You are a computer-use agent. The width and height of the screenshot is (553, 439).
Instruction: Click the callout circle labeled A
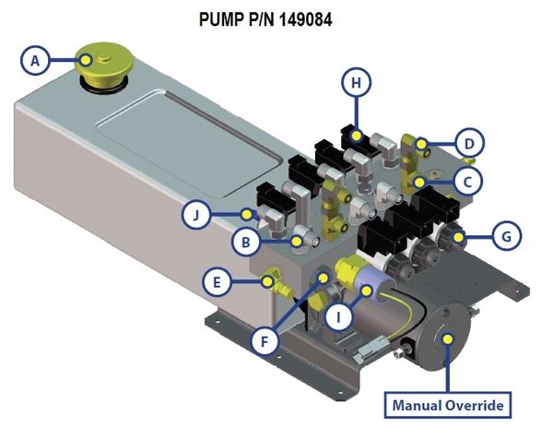34,61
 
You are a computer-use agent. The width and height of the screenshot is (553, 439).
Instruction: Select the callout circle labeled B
245,243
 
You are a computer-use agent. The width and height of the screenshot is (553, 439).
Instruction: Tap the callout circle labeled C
468,182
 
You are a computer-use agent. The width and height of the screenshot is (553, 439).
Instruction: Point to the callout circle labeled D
469,143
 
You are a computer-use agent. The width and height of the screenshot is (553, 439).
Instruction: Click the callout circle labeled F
265,339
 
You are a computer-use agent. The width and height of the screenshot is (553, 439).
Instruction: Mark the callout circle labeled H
355,83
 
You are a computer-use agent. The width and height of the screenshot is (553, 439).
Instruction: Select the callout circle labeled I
340,319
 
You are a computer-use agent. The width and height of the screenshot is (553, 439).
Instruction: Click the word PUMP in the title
221,17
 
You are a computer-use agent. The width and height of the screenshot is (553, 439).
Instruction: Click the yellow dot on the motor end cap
448,338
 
